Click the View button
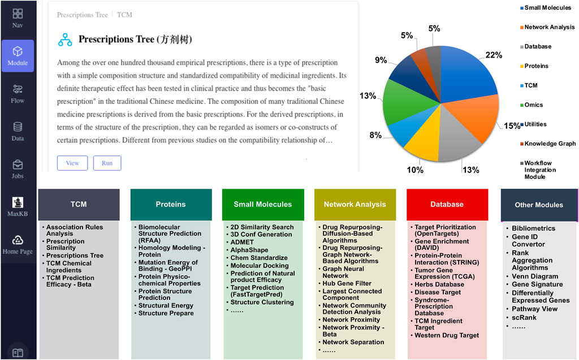[x=72, y=163]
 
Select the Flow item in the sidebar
[x=18, y=94]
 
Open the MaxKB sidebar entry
[x=18, y=206]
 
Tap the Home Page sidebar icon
[x=18, y=244]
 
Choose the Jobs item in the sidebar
[x=18, y=169]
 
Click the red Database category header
[x=447, y=204]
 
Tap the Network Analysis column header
[x=355, y=204]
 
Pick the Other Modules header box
[x=539, y=205]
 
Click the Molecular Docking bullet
[x=259, y=266]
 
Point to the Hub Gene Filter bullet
[x=347, y=284]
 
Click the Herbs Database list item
[x=439, y=284]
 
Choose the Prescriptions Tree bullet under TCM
[x=75, y=255]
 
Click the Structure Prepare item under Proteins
[x=166, y=313]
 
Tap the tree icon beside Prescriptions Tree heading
[x=65, y=40]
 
